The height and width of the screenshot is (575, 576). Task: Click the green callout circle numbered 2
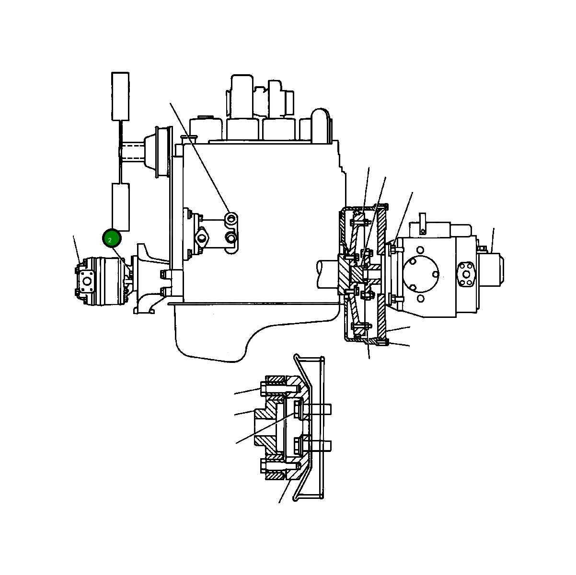[x=112, y=238]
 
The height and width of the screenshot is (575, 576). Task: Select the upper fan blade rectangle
[x=120, y=97]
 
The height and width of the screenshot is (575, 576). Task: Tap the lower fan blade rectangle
[x=121, y=207]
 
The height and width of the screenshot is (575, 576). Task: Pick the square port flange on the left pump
[x=87, y=282]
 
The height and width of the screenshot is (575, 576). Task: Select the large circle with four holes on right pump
[x=421, y=273]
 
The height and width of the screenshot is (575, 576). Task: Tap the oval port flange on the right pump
[x=467, y=274]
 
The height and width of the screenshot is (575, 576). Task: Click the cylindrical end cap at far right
[x=491, y=270]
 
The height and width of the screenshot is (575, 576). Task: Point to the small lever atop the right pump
[x=422, y=224]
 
